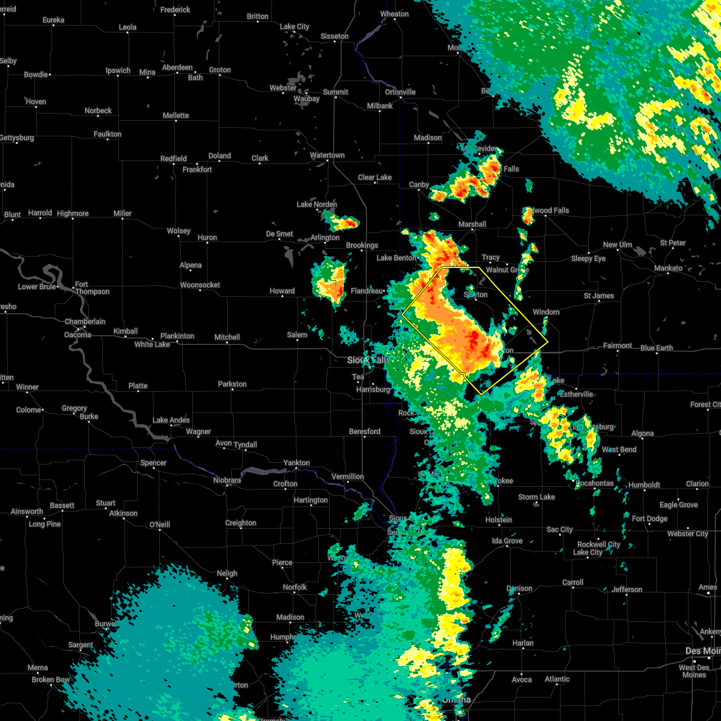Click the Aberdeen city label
point(177,67)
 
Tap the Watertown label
point(327,155)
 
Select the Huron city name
point(207,237)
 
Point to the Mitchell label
point(227,337)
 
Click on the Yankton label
point(297,463)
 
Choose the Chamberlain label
point(85,322)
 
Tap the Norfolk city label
point(295,587)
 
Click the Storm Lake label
point(537,497)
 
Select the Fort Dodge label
point(650,519)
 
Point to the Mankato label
point(668,268)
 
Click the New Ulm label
point(618,245)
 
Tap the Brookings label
point(362,245)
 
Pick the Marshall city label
point(472,224)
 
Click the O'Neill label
point(159,525)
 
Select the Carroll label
point(573,582)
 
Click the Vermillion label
point(348,476)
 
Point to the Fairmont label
point(618,345)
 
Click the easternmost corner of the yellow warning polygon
point(548,342)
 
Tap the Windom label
point(546,312)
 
